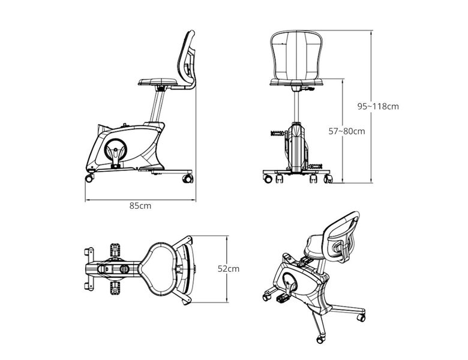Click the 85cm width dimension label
coord(140,206)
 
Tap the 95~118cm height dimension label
coord(378,106)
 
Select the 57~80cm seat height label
coord(347,131)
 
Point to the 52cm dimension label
coord(229,269)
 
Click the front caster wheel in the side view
coord(89,178)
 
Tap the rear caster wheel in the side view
coord(188,179)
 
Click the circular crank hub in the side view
coord(116,149)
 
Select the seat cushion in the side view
coord(158,82)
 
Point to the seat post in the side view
coord(158,106)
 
